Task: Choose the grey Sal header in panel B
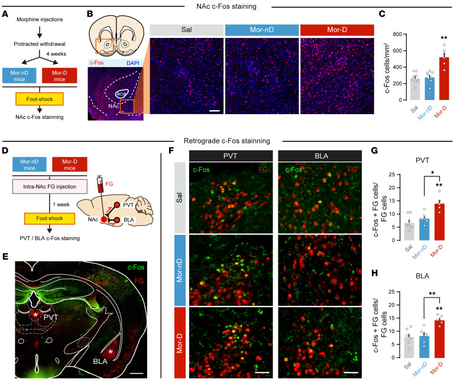click(x=187, y=30)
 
